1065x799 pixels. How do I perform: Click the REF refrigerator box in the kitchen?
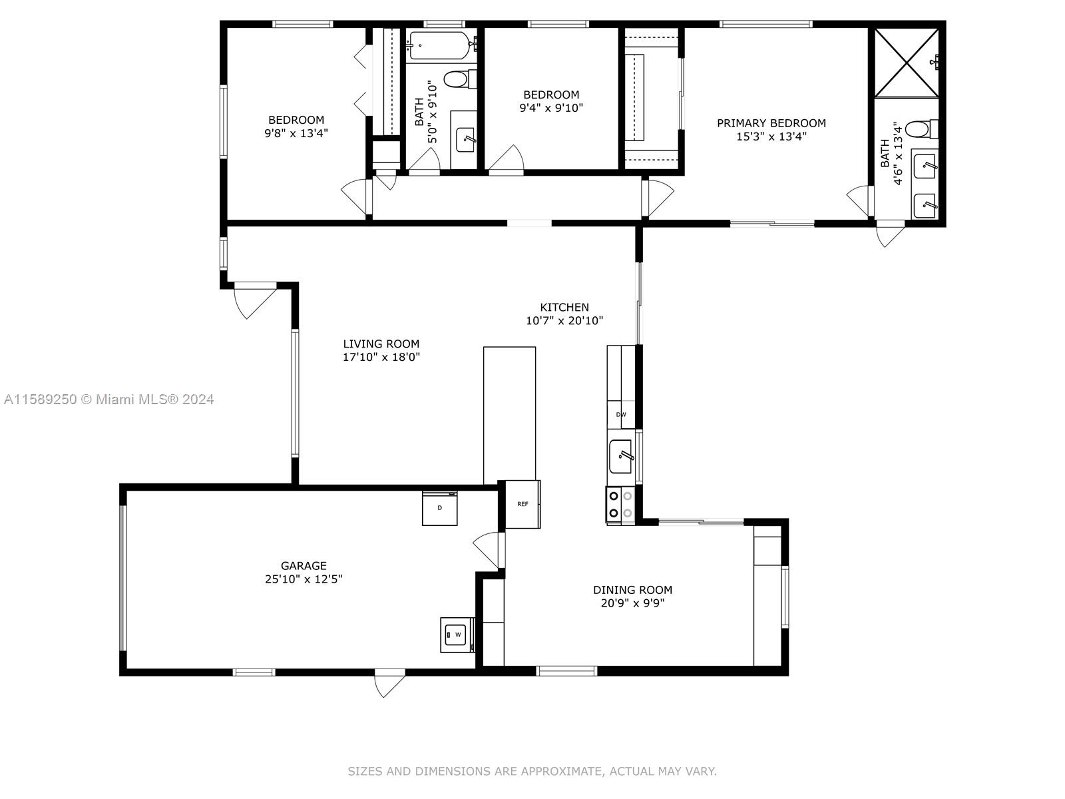point(523,504)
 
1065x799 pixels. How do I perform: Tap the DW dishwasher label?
point(621,414)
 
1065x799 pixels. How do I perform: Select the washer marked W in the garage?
point(457,635)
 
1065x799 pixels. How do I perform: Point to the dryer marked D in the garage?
point(439,508)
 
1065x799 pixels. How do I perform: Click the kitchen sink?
point(620,456)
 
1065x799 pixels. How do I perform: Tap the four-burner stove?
point(620,505)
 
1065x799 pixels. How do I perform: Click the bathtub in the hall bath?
point(441,45)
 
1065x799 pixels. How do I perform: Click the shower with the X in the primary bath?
point(907,63)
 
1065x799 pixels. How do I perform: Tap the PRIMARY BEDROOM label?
point(771,123)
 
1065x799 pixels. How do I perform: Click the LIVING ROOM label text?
point(381,344)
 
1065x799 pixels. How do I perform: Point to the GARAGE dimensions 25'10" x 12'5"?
point(304,579)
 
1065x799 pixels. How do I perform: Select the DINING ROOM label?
point(633,590)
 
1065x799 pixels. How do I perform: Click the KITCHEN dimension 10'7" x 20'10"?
point(564,321)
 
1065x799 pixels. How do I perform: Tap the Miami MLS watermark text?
point(108,400)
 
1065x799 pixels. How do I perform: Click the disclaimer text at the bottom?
point(532,771)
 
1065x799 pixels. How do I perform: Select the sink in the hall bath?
point(465,140)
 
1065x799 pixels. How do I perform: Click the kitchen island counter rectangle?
point(509,415)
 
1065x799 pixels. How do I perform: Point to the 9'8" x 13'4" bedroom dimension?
point(296,133)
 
